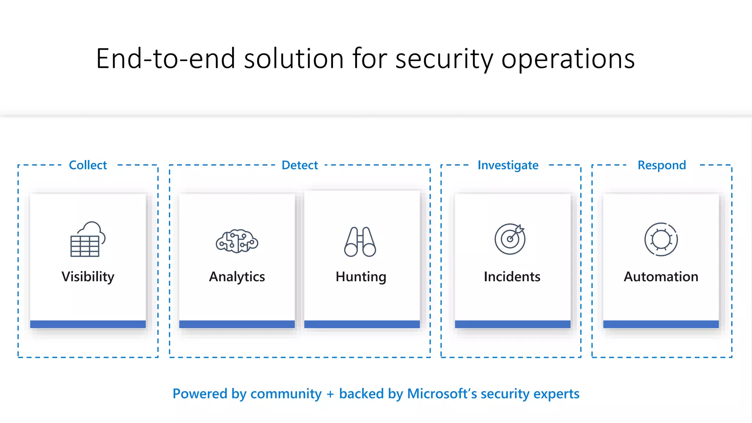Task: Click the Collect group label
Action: point(88,165)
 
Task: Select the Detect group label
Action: point(300,165)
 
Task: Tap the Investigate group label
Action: point(508,165)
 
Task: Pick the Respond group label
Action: point(662,165)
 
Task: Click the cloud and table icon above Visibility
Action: point(88,239)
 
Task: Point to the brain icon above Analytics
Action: point(237,241)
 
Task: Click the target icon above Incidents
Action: point(510,239)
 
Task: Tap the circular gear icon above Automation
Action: point(661,239)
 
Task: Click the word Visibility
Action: point(88,276)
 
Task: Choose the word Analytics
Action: point(237,276)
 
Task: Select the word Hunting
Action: point(361,276)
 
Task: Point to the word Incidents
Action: point(512,276)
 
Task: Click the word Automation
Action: point(661,276)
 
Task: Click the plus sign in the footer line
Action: point(330,394)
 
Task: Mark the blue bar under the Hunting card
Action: point(362,324)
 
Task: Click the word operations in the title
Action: point(568,59)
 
